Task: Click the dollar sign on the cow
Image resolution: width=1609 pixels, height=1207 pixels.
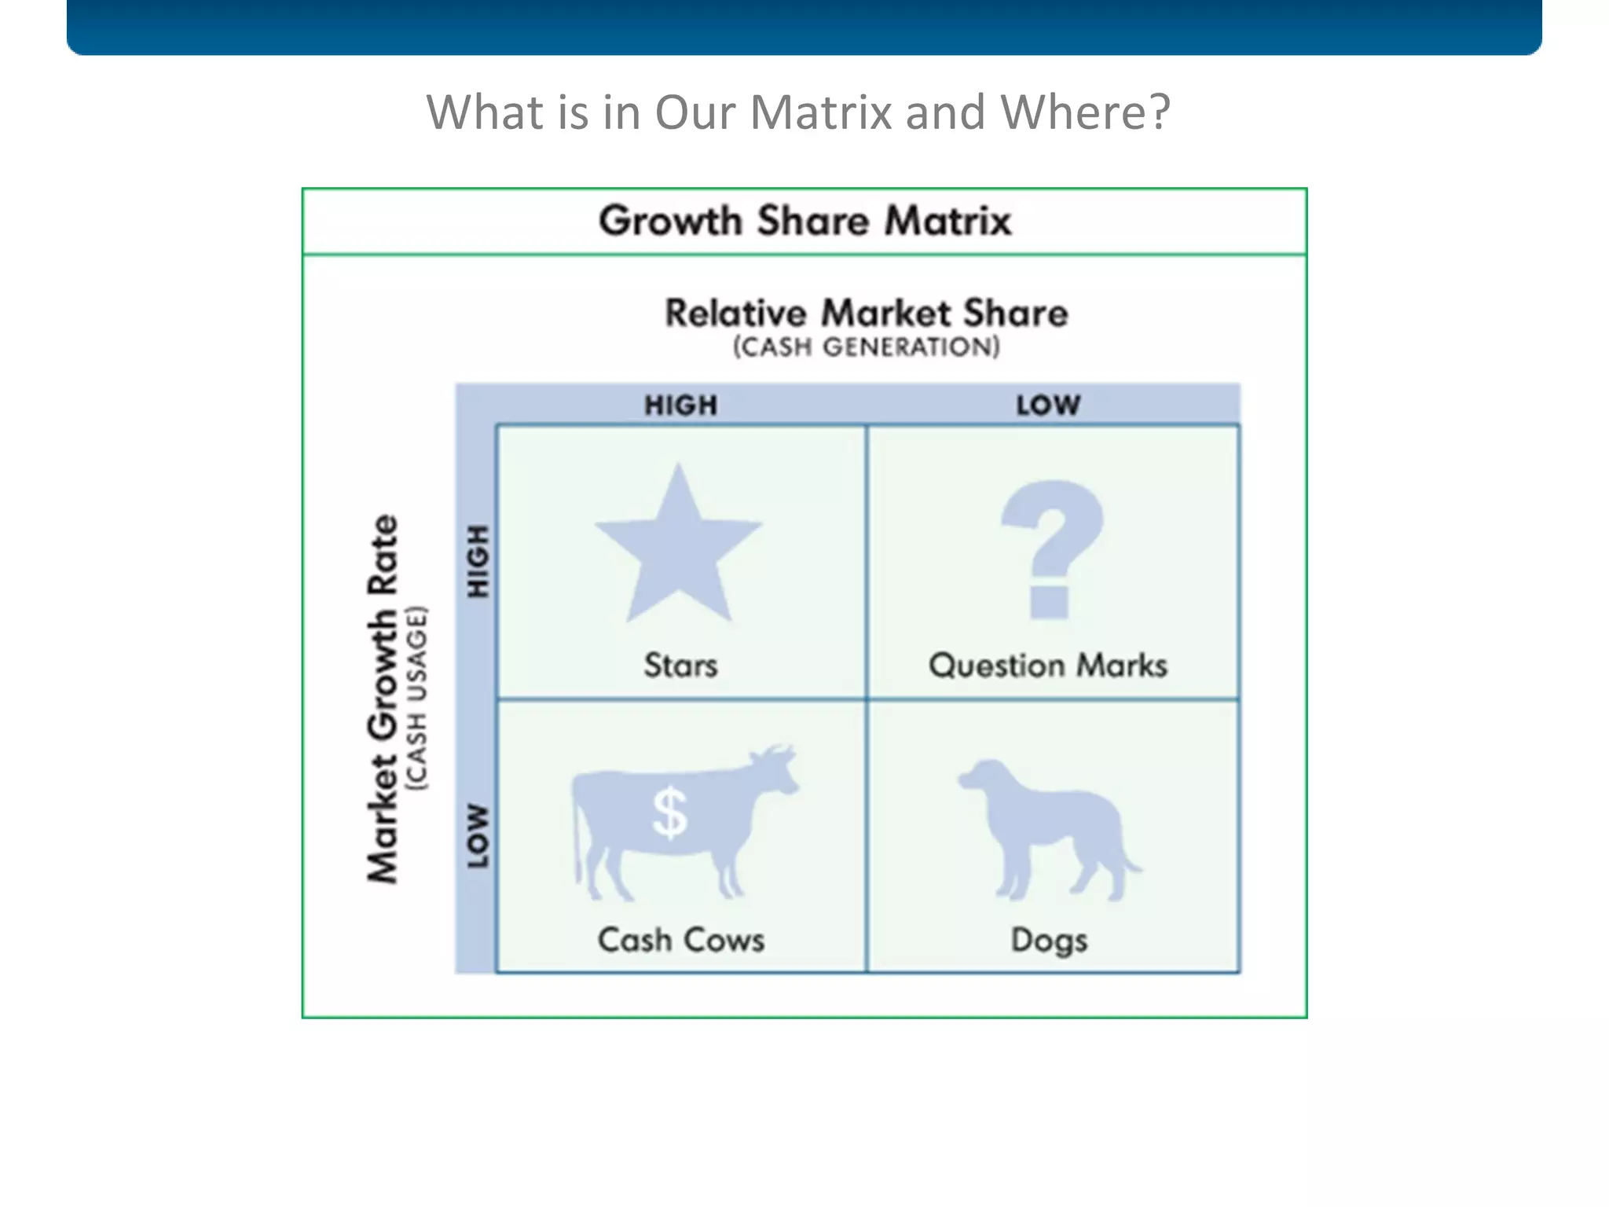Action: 669,813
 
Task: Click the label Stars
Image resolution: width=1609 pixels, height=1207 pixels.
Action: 680,666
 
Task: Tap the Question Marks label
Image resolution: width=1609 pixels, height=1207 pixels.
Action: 1048,666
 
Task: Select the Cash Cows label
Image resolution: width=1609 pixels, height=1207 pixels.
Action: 680,940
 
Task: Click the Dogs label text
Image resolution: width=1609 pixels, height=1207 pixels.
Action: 1049,941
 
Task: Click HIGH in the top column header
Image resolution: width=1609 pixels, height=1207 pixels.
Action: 680,405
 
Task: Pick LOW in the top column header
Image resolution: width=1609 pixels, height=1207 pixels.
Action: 1048,405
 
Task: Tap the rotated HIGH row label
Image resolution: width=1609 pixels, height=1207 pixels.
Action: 478,561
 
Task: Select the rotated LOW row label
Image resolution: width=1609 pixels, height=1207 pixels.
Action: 478,835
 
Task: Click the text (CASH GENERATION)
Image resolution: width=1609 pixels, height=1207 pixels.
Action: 867,347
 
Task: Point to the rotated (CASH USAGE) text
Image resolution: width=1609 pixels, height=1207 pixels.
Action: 416,698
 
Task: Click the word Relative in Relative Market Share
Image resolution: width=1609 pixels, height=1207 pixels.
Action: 735,313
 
